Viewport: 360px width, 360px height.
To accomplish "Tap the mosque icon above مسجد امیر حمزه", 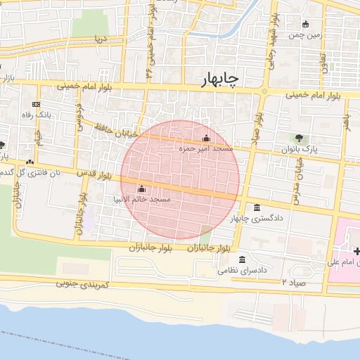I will click(x=206, y=138).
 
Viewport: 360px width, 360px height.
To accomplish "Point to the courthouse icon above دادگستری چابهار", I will click(x=256, y=207).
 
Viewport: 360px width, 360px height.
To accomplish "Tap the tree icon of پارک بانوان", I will click(x=300, y=138).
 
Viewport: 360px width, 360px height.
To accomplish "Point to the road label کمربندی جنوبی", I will click(x=82, y=284).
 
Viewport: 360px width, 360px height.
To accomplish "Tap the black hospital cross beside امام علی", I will click(x=356, y=251).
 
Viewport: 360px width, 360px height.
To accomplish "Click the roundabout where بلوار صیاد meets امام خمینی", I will click(x=264, y=91).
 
